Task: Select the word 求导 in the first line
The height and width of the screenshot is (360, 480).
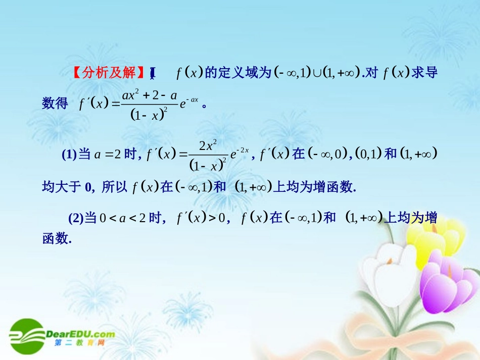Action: coord(424,73)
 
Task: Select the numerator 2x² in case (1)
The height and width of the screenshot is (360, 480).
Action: coord(208,146)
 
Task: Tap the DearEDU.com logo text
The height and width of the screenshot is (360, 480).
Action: coord(81,334)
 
